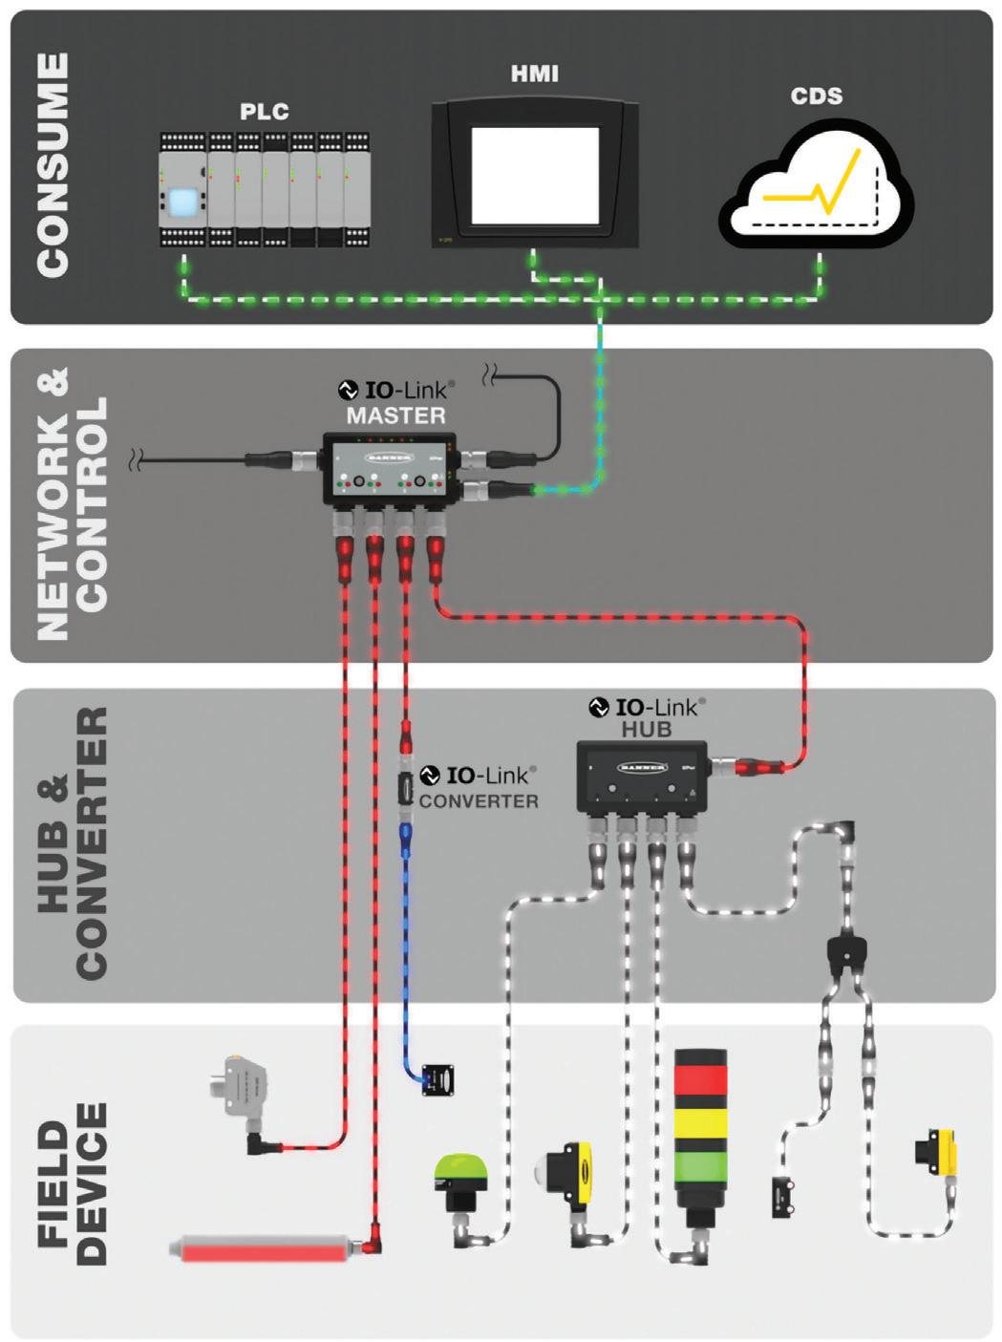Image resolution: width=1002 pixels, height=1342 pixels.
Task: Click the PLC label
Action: click(x=264, y=111)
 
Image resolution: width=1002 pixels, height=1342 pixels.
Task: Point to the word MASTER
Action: click(x=396, y=415)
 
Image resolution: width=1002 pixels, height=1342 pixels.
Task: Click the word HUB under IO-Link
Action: click(x=647, y=729)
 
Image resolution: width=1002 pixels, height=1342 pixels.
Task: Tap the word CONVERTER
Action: click(x=479, y=801)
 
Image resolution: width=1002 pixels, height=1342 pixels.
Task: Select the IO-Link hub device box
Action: click(x=642, y=778)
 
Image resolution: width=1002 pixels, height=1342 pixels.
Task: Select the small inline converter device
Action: click(x=406, y=789)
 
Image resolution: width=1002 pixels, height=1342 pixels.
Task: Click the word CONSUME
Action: click(x=53, y=165)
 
